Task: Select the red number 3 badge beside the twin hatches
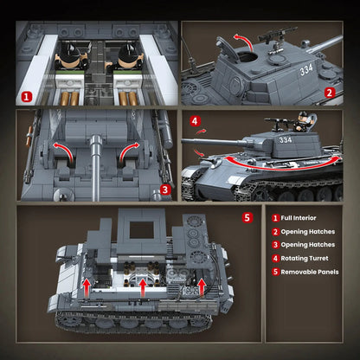point(165,184)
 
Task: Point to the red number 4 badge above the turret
point(195,121)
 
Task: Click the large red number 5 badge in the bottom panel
point(248,216)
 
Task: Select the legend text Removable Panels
point(310,271)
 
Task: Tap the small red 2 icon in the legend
point(275,232)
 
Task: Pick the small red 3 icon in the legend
point(275,245)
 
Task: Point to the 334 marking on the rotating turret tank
point(286,138)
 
